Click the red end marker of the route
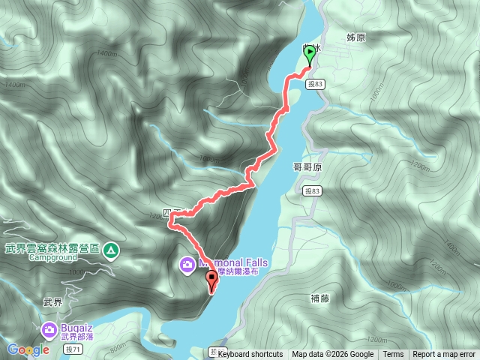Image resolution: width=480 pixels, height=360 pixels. click(x=211, y=280)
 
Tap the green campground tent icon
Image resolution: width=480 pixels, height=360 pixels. click(x=111, y=249)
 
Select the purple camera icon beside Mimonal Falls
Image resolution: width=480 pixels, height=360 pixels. click(x=186, y=264)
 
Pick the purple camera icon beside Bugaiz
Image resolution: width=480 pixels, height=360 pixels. click(x=49, y=329)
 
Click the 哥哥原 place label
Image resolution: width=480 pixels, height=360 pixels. click(x=306, y=168)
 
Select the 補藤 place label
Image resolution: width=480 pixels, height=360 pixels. click(x=319, y=298)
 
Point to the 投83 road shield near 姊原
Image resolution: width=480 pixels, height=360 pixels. click(x=316, y=85)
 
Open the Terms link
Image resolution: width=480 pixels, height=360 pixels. click(x=393, y=355)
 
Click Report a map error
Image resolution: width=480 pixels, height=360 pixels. click(x=444, y=355)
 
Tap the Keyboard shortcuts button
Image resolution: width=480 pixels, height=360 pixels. click(x=250, y=355)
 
